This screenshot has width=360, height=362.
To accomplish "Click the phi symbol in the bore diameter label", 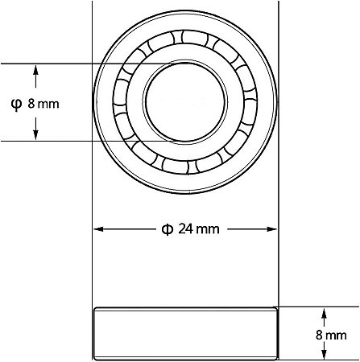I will click(x=15, y=103).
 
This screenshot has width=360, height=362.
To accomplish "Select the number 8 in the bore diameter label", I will click(x=31, y=104).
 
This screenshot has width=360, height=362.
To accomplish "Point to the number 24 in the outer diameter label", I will click(x=185, y=228).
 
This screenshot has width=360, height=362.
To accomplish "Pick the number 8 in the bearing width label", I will click(x=320, y=334).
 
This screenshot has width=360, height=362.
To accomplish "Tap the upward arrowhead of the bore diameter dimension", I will click(x=35, y=70).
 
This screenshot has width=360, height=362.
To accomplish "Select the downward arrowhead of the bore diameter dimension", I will click(x=35, y=134).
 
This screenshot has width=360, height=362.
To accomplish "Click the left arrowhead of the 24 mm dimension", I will click(x=99, y=228).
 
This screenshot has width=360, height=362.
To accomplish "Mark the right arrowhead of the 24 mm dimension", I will click(x=272, y=228).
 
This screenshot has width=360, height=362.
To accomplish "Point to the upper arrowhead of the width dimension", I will click(x=325, y=312).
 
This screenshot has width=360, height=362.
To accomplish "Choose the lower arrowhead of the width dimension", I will click(x=325, y=355).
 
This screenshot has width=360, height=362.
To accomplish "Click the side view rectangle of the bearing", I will click(x=185, y=334).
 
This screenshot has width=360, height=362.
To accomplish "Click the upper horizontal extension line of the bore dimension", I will click(x=64, y=64).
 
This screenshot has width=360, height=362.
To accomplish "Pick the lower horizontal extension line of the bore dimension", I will click(x=64, y=141).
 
